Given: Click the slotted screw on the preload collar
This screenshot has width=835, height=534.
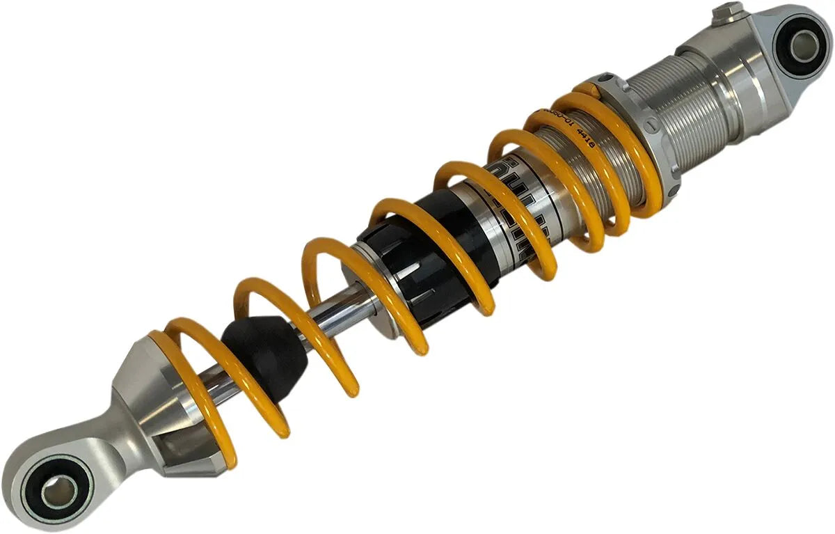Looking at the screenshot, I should pos(652,126).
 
